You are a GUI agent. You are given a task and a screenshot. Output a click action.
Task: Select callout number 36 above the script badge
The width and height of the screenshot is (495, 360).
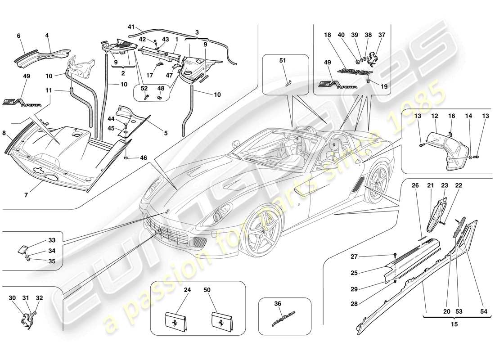point(278,304)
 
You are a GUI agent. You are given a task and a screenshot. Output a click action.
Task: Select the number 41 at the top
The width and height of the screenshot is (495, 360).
point(131,27)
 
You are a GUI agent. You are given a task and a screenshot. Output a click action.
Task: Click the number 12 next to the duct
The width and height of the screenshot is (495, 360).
point(435,116)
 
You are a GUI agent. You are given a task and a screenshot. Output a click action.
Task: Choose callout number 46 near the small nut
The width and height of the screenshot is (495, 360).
point(143,157)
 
